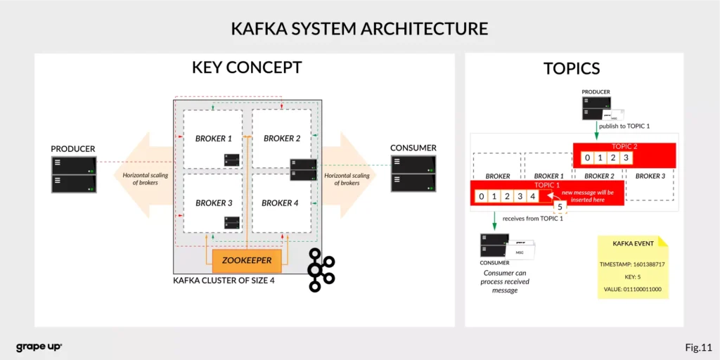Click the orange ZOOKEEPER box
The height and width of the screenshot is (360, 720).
(247, 260)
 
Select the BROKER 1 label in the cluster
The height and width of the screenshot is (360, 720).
(214, 139)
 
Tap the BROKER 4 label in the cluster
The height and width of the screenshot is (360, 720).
(281, 202)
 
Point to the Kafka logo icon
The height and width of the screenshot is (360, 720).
(322, 269)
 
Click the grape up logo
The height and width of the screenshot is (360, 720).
(39, 347)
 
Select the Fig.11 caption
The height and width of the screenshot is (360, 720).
(698, 347)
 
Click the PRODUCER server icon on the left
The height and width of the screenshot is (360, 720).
(74, 174)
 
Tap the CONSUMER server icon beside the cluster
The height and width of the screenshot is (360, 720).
(413, 174)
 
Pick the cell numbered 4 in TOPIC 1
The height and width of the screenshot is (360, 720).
(532, 195)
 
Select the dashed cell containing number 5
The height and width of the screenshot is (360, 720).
(560, 207)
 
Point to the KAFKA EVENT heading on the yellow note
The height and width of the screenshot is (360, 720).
(633, 243)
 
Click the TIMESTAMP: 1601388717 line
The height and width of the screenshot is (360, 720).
(633, 264)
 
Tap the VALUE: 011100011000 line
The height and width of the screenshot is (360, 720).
(633, 289)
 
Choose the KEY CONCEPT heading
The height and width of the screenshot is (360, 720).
(247, 67)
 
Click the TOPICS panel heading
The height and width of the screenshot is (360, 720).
(572, 68)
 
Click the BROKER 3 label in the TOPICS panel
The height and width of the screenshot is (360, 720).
(650, 176)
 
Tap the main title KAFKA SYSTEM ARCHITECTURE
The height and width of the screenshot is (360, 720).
(359, 29)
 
